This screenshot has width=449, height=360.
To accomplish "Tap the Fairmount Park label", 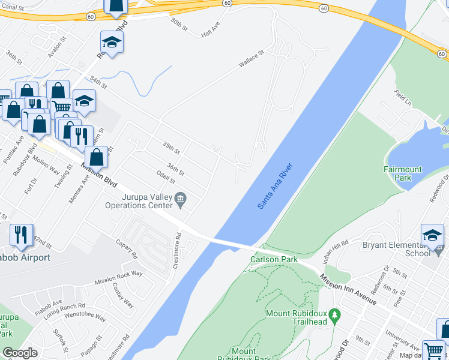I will (x=403, y=173).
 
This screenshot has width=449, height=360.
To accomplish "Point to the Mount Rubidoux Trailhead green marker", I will (x=336, y=314).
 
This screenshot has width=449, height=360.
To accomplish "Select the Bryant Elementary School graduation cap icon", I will (x=432, y=235).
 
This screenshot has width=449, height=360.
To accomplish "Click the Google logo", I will (x=20, y=352).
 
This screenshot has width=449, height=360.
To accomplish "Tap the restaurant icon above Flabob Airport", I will (x=22, y=235).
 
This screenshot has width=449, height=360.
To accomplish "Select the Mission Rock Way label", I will (x=118, y=277).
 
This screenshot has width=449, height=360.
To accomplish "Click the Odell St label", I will (x=165, y=178).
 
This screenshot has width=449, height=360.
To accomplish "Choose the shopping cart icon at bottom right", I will (x=434, y=351).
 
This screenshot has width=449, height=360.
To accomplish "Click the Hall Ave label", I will (x=211, y=32).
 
